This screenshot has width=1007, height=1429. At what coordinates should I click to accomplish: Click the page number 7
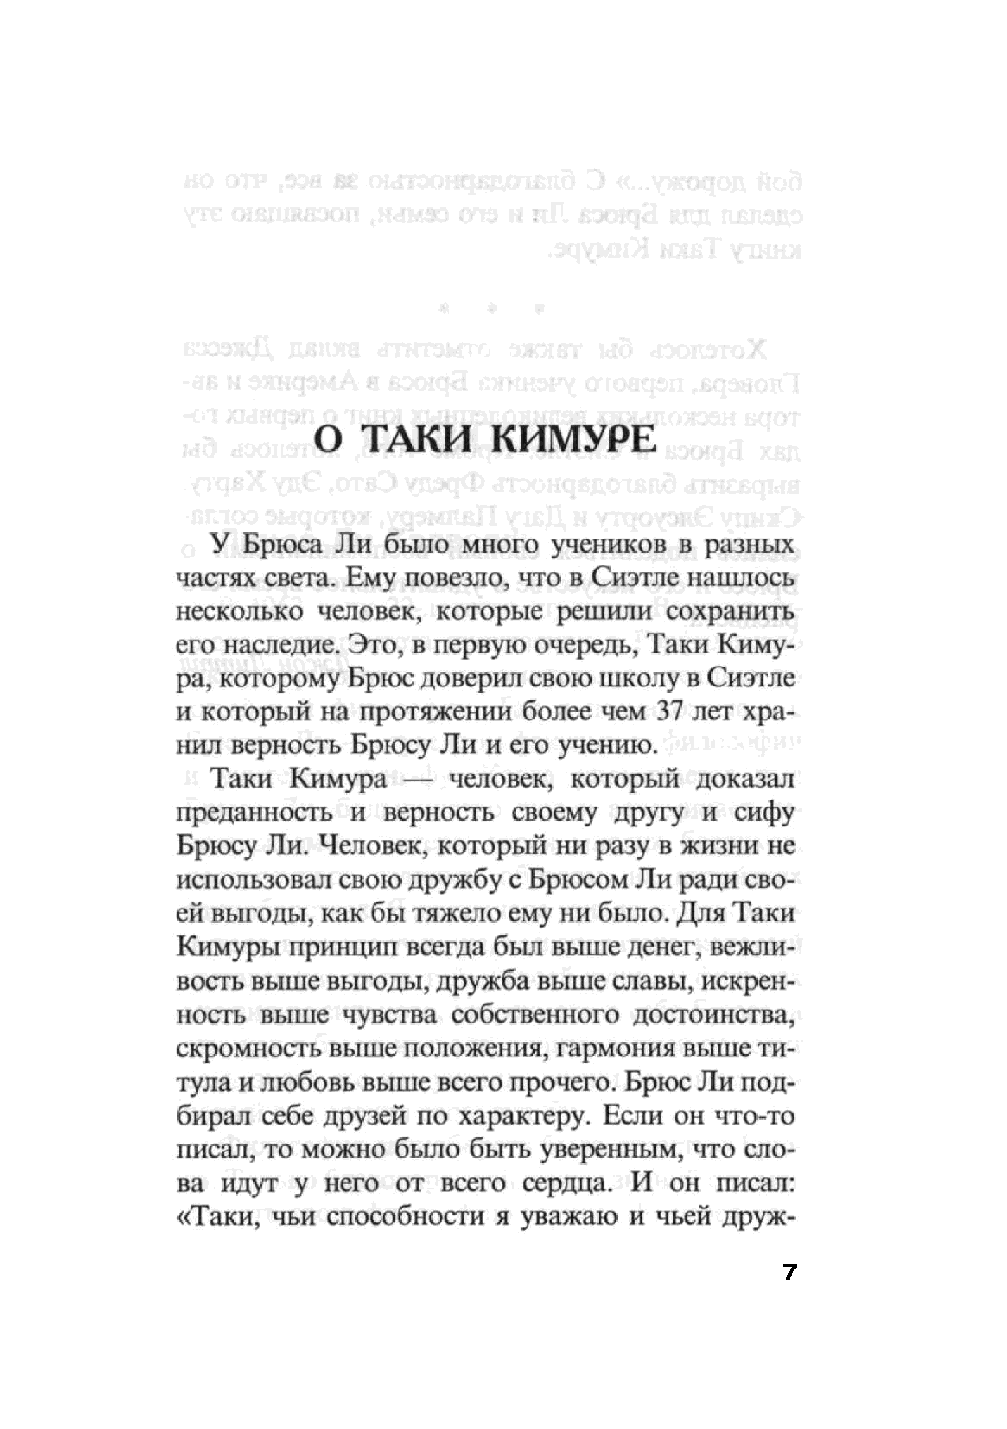(x=790, y=1272)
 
